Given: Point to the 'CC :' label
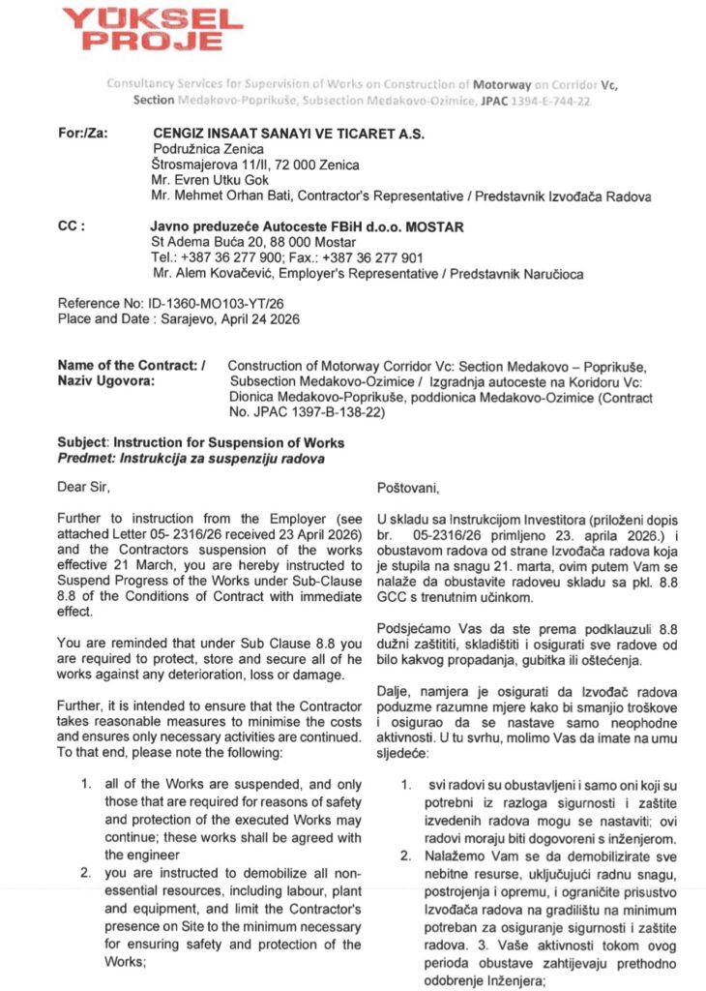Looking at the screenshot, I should tap(72, 226).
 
